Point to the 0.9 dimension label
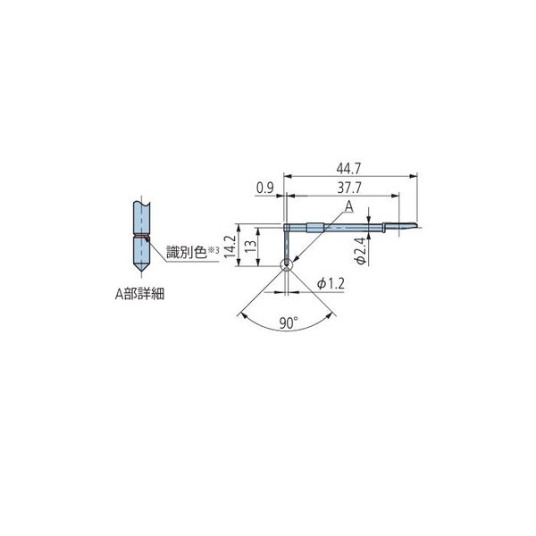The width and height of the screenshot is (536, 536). point(264,188)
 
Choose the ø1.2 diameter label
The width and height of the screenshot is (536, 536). point(331,283)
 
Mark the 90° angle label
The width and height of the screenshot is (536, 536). point(286,324)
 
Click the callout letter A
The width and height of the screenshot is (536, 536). point(349,206)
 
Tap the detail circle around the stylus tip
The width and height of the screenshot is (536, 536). point(285,264)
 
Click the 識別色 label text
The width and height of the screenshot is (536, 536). point(185,254)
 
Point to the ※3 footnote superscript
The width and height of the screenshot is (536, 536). point(213,250)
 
